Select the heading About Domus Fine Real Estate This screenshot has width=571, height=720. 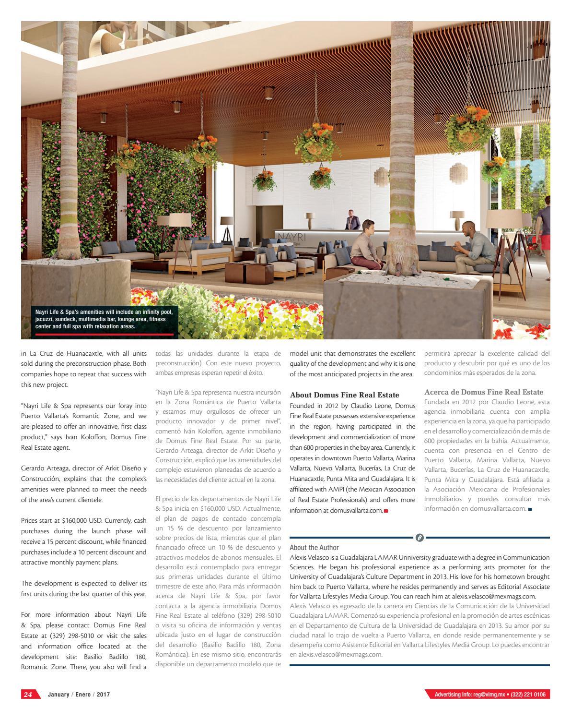pos(344,395)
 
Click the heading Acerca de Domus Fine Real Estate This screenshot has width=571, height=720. pos(484,392)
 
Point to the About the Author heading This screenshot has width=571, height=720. pos(314,547)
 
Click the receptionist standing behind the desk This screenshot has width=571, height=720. pos(352,220)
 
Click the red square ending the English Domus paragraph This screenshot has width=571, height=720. pos(386,511)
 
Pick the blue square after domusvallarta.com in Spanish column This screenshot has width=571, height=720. pos(530,509)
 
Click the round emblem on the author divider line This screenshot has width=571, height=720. pos(420,538)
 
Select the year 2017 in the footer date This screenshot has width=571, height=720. pos(104,695)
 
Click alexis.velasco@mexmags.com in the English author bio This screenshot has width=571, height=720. pos(496,596)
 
